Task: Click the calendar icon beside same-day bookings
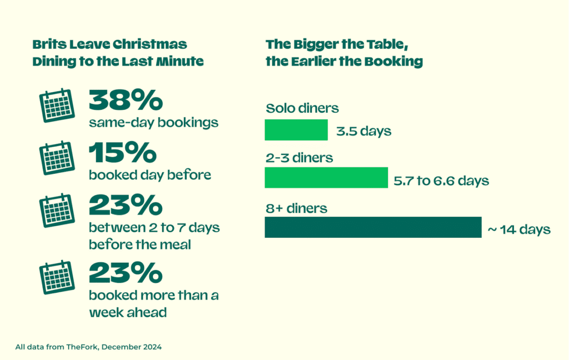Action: [57, 105]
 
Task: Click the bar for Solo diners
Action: [296, 130]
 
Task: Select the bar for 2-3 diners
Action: [326, 178]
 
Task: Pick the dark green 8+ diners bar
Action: [373, 227]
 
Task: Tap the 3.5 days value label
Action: [363, 132]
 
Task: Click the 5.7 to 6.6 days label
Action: [441, 181]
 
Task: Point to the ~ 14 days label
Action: [519, 229]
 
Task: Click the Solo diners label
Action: [302, 108]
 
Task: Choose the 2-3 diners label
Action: [299, 158]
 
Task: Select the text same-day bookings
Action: [153, 122]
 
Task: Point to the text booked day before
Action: [150, 175]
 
